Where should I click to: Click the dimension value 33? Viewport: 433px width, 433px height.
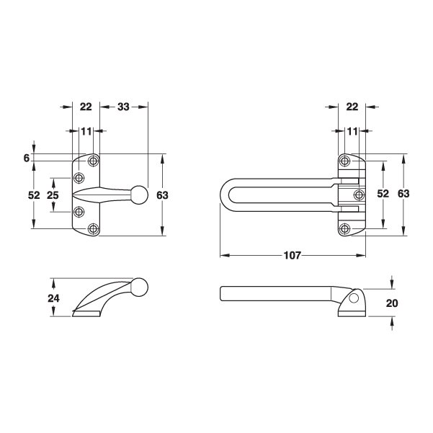pos(123,107)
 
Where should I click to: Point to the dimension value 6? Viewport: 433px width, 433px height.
pos(26,158)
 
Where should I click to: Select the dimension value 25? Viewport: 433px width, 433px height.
pos(52,195)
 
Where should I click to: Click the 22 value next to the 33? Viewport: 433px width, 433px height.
pos(86,107)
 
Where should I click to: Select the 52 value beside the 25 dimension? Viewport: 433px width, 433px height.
pos(33,195)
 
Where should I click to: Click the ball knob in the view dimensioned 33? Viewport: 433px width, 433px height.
pos(140,194)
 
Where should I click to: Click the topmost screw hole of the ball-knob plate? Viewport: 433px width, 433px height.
pos(93,160)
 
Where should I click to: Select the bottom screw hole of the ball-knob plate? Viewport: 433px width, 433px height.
pos(93,228)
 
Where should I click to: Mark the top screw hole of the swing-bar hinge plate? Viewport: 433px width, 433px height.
pos(346,160)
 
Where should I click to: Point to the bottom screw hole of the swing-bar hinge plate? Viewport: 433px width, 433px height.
pos(346,229)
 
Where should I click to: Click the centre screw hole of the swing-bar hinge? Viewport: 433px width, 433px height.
pos(357,195)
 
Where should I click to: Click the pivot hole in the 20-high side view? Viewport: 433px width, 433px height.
pos(352,298)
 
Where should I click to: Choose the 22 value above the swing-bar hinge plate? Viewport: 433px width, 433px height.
pos(352,107)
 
